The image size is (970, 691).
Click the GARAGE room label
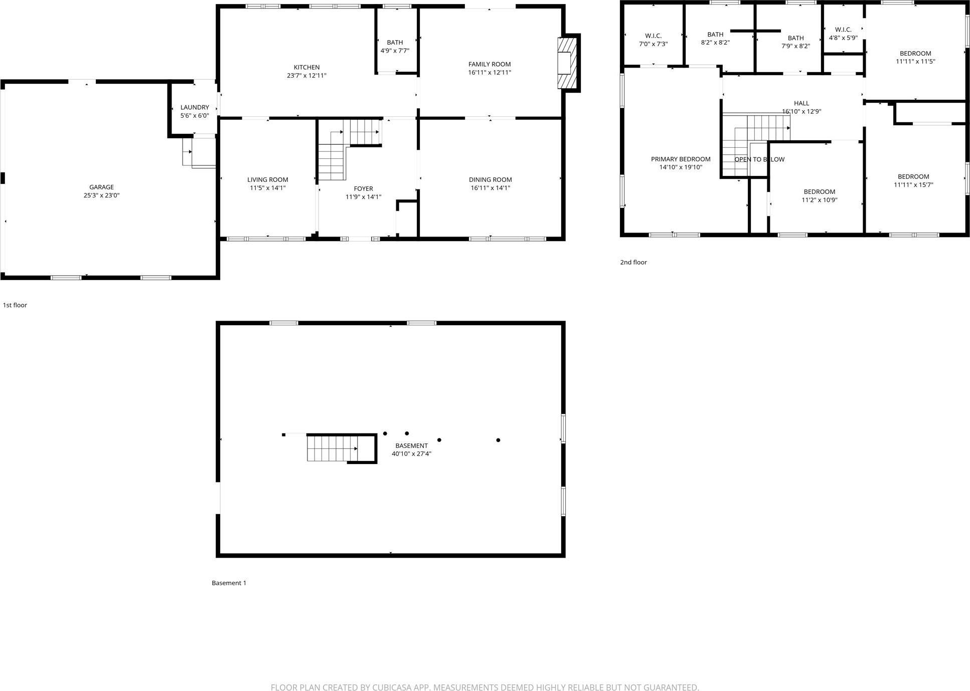[x=101, y=187]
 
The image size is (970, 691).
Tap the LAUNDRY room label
[x=195, y=107]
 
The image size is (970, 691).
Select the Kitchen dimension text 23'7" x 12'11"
[x=306, y=76]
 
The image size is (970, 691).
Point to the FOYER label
[x=363, y=188]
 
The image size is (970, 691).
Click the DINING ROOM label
[x=490, y=179]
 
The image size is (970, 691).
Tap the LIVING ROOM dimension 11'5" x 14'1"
[x=268, y=188]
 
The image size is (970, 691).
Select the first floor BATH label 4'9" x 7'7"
[x=395, y=46]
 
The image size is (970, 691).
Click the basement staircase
[x=332, y=448]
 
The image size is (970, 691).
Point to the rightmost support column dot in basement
[x=498, y=440]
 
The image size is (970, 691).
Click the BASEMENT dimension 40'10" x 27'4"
[x=411, y=454]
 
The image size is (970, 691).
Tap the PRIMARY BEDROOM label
[x=681, y=159]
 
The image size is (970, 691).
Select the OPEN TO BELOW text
[x=759, y=159]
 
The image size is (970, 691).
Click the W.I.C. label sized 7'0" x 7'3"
[x=653, y=40]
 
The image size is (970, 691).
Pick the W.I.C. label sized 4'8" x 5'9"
[x=843, y=34]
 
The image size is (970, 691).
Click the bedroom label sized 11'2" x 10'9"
[x=820, y=195]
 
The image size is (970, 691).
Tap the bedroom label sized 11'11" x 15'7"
[x=913, y=180]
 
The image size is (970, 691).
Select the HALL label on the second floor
[x=801, y=103]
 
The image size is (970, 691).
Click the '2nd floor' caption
[x=633, y=262]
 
